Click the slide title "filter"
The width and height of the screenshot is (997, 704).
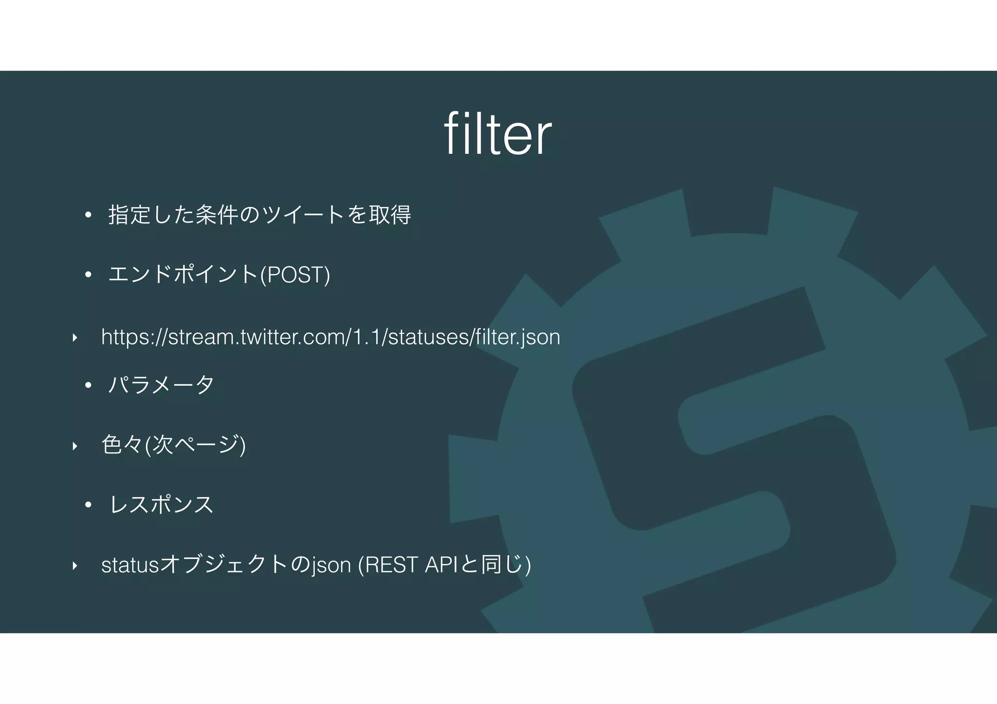pyautogui.click(x=498, y=134)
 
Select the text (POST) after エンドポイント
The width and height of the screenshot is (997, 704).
pyautogui.click(x=295, y=275)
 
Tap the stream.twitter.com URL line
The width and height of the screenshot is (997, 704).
pyautogui.click(x=331, y=337)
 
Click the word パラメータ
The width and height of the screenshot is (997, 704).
pyautogui.click(x=161, y=384)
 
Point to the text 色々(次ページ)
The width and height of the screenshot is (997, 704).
pyautogui.click(x=173, y=445)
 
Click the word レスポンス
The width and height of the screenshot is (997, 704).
pyautogui.click(x=162, y=505)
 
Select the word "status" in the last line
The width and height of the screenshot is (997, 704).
pyautogui.click(x=130, y=565)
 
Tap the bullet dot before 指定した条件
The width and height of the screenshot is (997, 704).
pyautogui.click(x=88, y=215)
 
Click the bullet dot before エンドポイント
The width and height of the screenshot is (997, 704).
pyautogui.click(x=88, y=275)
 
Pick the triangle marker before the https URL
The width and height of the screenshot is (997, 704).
pyautogui.click(x=74, y=337)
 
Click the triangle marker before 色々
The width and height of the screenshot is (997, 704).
pyautogui.click(x=74, y=446)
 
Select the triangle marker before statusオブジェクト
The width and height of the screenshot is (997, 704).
pyautogui.click(x=74, y=565)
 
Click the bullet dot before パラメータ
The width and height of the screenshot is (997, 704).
pyautogui.click(x=88, y=385)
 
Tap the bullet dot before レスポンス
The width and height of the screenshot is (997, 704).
pyautogui.click(x=88, y=505)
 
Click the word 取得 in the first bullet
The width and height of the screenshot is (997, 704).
pyautogui.click(x=390, y=215)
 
